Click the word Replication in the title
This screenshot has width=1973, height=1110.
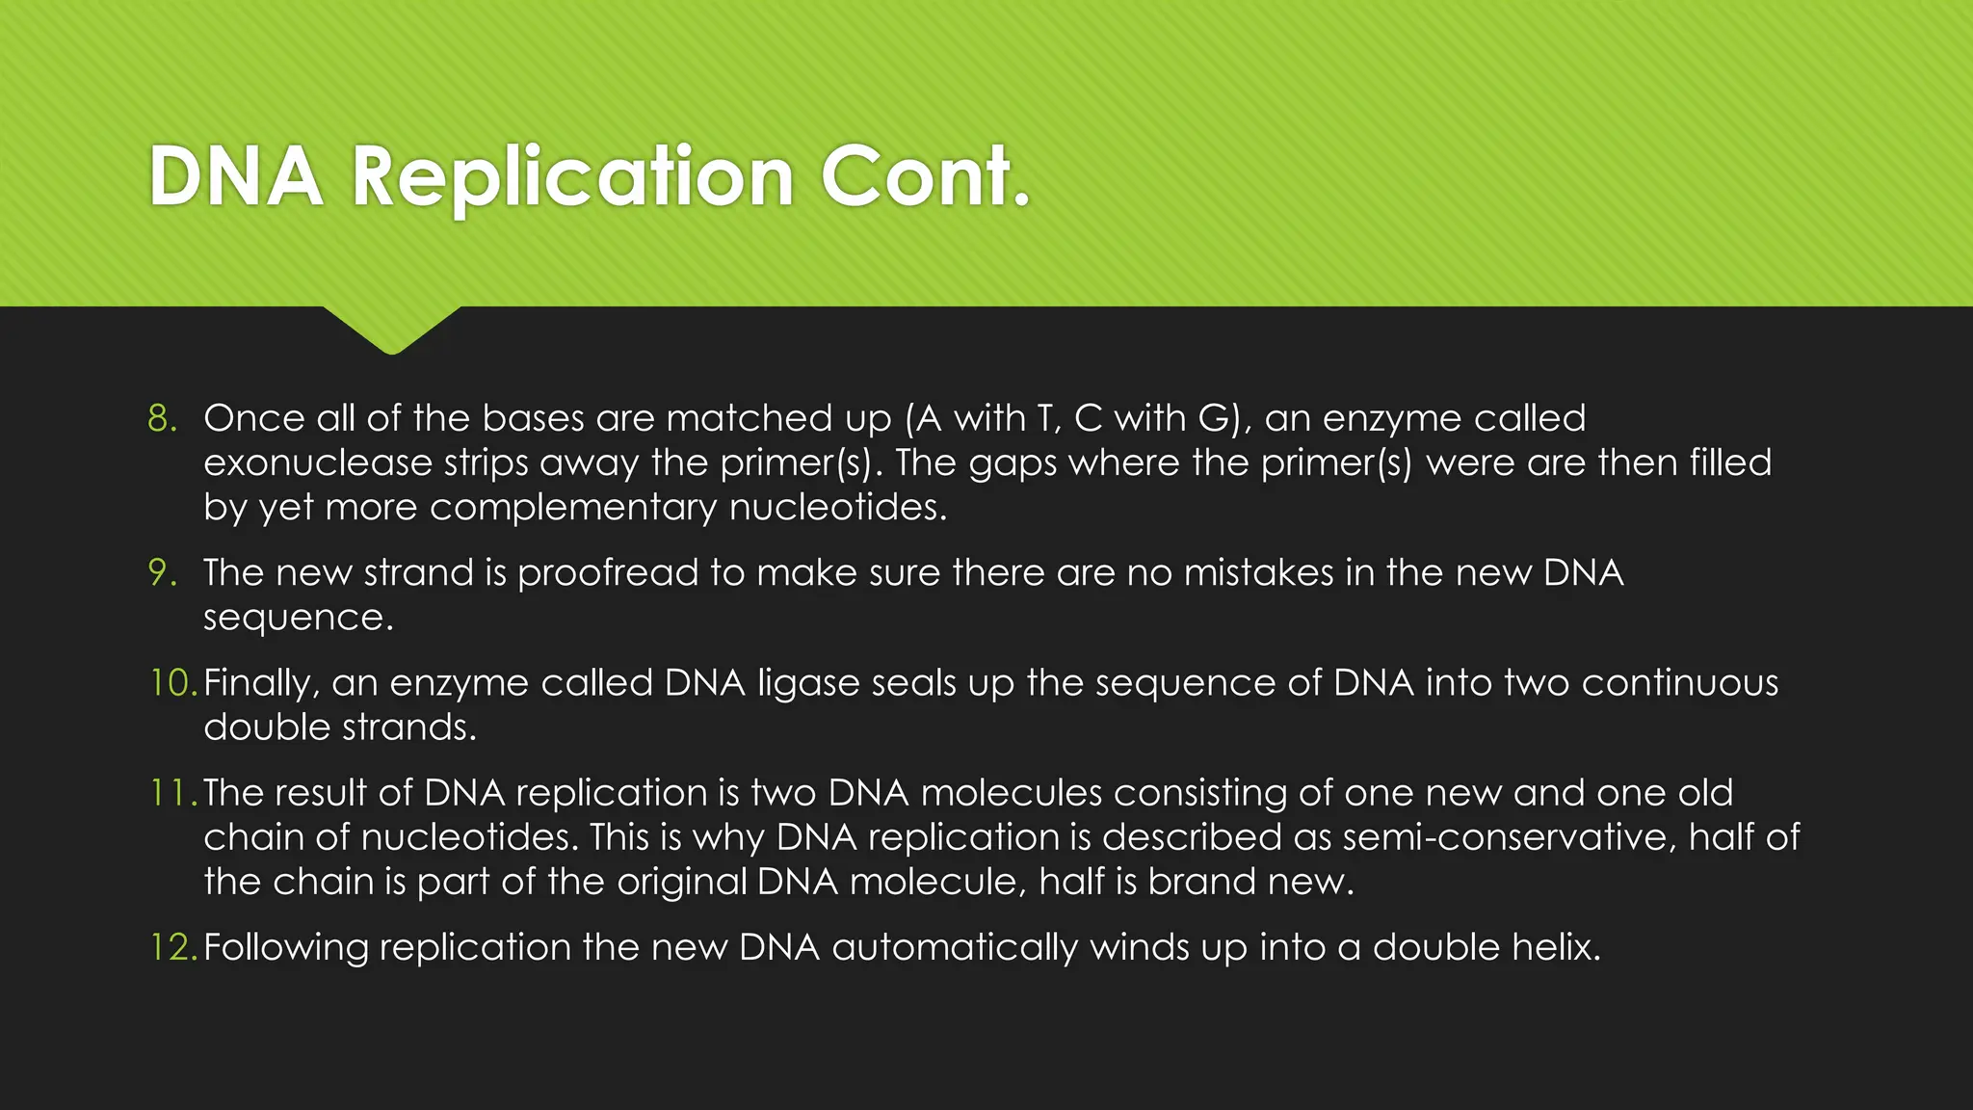(x=572, y=177)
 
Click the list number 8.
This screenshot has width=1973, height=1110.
(x=162, y=418)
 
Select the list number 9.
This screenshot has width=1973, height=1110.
(x=162, y=572)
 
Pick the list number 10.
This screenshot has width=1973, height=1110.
(x=171, y=682)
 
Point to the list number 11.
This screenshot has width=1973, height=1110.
(x=171, y=792)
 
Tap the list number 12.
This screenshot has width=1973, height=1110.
(x=171, y=946)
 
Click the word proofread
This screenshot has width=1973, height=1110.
(x=607, y=573)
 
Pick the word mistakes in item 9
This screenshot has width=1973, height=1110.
(x=1258, y=572)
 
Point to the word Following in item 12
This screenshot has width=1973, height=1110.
(x=286, y=947)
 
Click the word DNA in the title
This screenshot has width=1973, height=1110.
(x=236, y=177)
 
